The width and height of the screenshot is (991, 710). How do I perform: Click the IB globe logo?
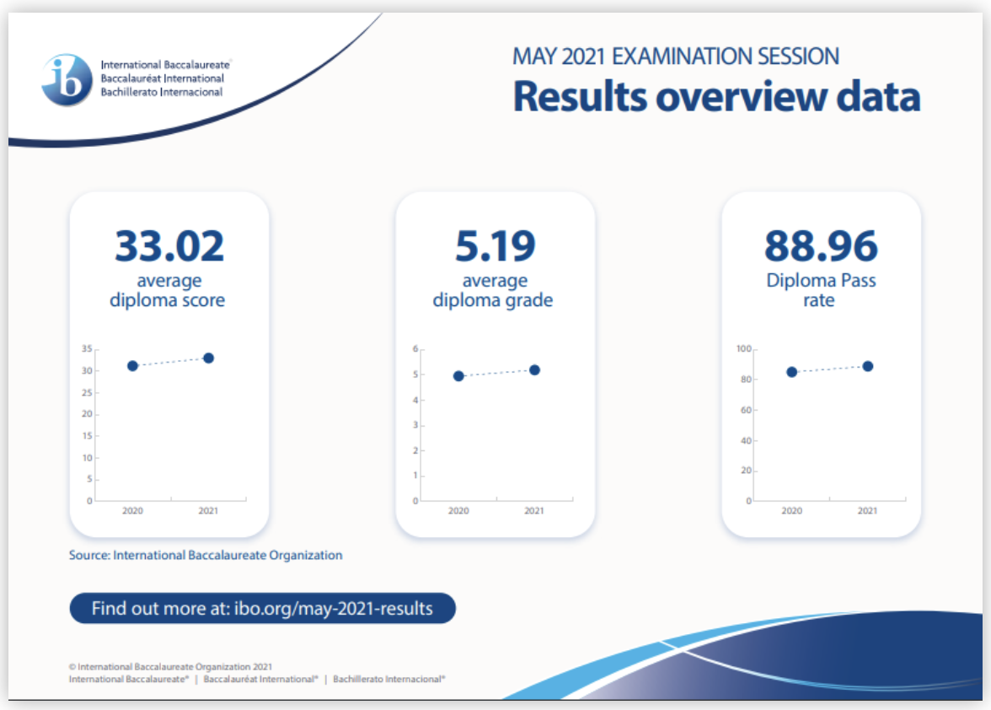tap(67, 79)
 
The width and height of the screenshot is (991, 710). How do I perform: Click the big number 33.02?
tap(169, 246)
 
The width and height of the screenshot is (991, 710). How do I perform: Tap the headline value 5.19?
tap(495, 246)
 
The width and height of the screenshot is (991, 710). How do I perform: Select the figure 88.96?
tap(821, 246)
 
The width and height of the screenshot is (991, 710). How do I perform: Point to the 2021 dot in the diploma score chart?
tap(209, 358)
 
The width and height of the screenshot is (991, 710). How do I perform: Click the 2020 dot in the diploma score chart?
tap(133, 366)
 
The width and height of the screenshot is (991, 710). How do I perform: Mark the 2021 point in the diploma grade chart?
tap(534, 370)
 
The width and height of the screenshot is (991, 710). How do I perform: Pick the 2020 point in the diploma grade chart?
tap(458, 376)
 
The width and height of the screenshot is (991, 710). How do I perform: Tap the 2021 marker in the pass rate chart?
tap(868, 366)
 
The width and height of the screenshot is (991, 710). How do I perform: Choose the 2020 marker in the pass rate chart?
tap(792, 372)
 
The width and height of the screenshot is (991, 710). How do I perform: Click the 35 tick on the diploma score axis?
tap(88, 348)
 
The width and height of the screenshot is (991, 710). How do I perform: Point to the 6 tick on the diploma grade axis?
tap(415, 348)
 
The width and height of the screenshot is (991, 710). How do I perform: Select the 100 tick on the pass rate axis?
tap(744, 348)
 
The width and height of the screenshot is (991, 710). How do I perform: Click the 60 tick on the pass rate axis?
tap(747, 410)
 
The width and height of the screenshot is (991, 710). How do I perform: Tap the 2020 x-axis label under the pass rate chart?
tap(792, 511)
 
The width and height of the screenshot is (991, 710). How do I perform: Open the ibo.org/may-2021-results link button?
tap(262, 608)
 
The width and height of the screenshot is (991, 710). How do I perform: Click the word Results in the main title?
tap(581, 97)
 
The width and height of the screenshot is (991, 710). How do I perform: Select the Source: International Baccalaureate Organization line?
tap(206, 555)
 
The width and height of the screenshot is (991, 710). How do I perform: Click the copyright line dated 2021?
tap(170, 666)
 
